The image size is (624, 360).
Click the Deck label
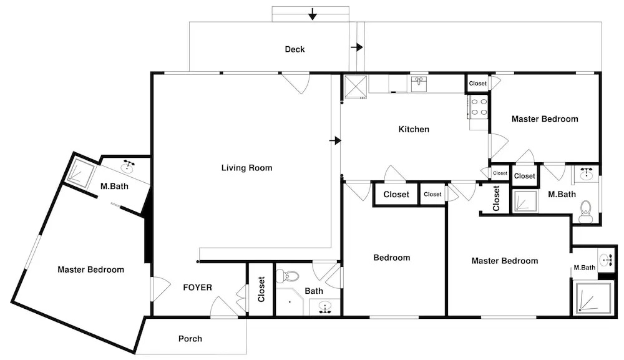tap(295, 49)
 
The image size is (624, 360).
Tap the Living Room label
tap(246, 168)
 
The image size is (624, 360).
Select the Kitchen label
tap(414, 129)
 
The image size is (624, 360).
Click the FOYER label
tap(197, 288)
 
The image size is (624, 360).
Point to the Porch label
tap(190, 339)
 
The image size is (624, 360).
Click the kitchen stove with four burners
tap(479, 107)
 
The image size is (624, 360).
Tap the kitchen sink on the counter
tap(419, 84)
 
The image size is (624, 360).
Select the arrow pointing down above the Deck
tap(313, 14)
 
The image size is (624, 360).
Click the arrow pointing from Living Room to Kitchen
tap(336, 141)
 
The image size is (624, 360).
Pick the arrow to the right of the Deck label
tap(357, 47)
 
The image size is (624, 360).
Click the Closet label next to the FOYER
tap(261, 289)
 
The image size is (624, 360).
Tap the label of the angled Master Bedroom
tap(90, 270)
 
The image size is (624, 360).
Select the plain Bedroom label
tap(392, 258)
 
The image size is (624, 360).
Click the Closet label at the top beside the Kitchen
tap(477, 84)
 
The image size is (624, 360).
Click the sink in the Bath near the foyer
tap(326, 308)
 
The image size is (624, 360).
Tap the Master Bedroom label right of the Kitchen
tap(545, 119)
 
